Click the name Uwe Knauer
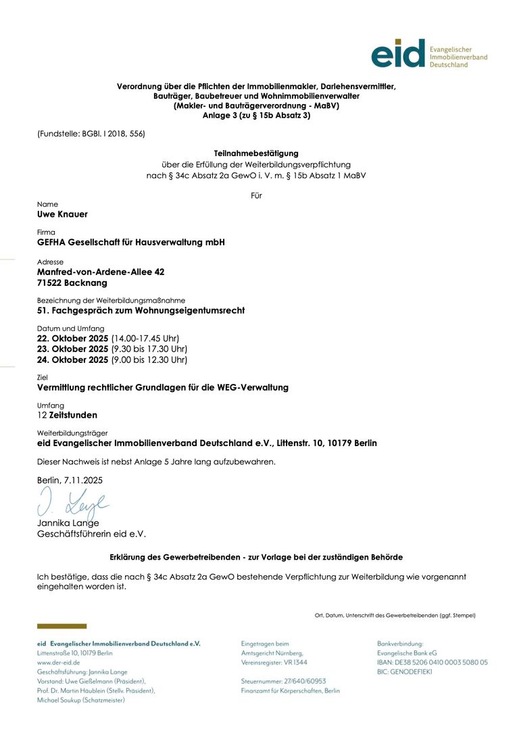[x=62, y=214]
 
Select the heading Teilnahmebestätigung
[x=256, y=153]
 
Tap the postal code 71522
[x=49, y=283]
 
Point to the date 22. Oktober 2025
[x=72, y=338]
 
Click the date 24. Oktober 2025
[x=72, y=360]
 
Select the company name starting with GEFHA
[x=130, y=242]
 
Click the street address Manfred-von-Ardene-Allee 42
[x=101, y=272]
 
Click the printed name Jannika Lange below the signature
[x=68, y=523]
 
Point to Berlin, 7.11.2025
[x=70, y=480]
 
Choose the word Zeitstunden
[x=73, y=415]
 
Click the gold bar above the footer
[x=61, y=627]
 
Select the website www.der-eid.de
[x=59, y=663]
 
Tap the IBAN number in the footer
[x=440, y=663]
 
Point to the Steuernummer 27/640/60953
[x=283, y=681]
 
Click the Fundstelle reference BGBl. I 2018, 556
[x=113, y=134]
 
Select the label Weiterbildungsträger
[x=72, y=433]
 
